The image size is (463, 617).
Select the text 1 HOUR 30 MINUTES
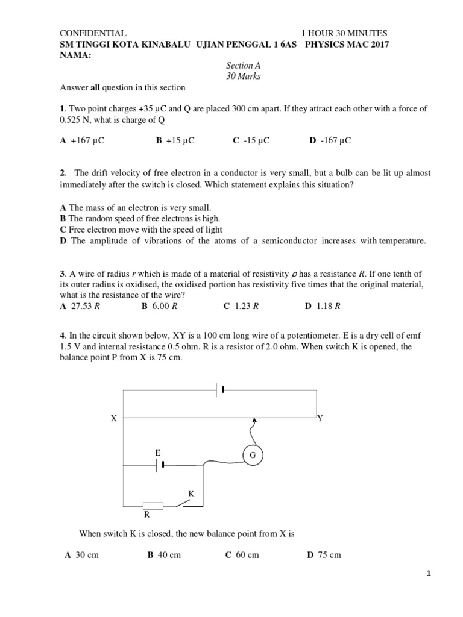pos(344,34)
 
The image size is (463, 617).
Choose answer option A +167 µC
pos(78,140)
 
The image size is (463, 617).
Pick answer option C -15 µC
pos(251,140)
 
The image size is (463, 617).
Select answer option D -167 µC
pos(330,140)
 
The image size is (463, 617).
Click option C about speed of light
pos(141,229)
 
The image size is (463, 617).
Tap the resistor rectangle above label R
pos(153,506)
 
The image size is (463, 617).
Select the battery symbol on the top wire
pos(220,390)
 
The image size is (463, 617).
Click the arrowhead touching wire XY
pos(254,420)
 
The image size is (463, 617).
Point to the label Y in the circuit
pos(320,418)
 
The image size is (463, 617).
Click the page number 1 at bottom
pos(428,591)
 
